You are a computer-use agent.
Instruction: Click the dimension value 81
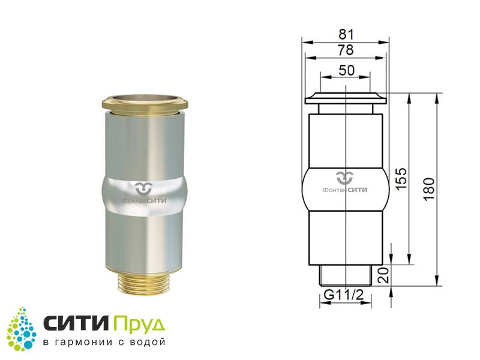[x=346, y=34]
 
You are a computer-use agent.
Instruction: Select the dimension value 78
[x=346, y=50]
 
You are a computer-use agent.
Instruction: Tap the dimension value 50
[x=347, y=70]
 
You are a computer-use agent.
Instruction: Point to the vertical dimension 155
[x=403, y=178]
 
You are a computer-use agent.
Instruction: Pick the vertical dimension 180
[x=430, y=188]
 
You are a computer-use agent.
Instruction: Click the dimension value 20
[x=384, y=275]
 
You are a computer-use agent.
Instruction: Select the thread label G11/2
[x=344, y=295]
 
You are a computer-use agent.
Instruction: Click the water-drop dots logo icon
[x=22, y=329]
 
